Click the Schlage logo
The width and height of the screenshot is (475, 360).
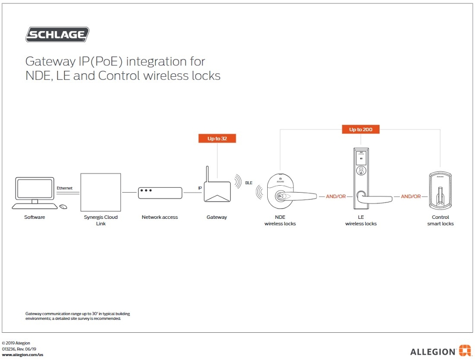pyautogui.click(x=57, y=35)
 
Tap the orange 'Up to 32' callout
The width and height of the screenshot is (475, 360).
pyautogui.click(x=217, y=138)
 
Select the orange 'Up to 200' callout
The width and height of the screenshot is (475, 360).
pyautogui.click(x=361, y=130)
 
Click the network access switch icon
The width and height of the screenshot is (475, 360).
pyautogui.click(x=160, y=192)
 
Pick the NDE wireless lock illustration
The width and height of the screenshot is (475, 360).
pyautogui.click(x=287, y=196)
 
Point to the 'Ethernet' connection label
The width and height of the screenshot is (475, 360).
pyautogui.click(x=64, y=188)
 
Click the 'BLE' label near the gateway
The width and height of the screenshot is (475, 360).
pyautogui.click(x=249, y=183)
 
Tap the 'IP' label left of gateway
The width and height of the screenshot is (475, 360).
pyautogui.click(x=200, y=188)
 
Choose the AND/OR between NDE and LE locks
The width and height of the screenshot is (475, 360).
pyautogui.click(x=336, y=197)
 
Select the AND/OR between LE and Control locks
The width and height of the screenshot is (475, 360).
pyautogui.click(x=411, y=197)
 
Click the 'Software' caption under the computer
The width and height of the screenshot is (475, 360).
pyautogui.click(x=35, y=217)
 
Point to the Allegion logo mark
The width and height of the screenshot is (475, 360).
pyautogui.click(x=464, y=351)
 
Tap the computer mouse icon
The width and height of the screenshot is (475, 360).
pyautogui.click(x=63, y=206)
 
